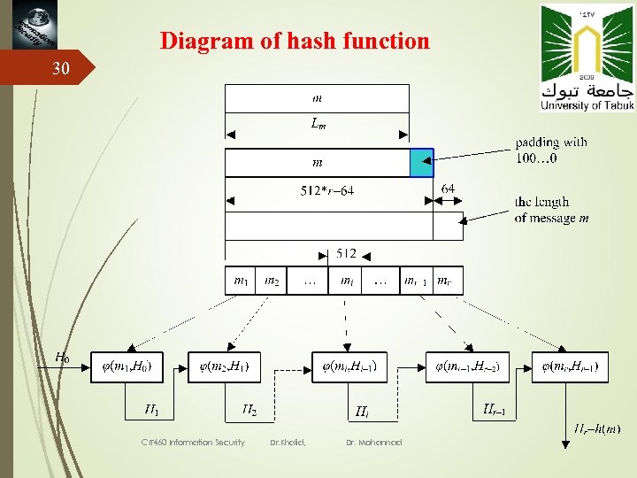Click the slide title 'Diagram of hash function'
pos(295,41)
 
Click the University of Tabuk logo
pos(587,58)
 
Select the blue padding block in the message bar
pos(421,163)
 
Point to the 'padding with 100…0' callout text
pos(551,150)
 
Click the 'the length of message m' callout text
pos(551,210)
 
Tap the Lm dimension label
pos(318,126)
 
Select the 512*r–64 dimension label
pos(327,191)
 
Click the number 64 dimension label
pos(448,189)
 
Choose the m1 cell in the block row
pos(241,281)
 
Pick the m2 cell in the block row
pos(273,281)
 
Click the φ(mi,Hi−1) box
pos(351,366)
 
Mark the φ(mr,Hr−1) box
pos(570,366)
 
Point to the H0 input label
pos(62,358)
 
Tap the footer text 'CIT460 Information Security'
pos(192,443)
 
